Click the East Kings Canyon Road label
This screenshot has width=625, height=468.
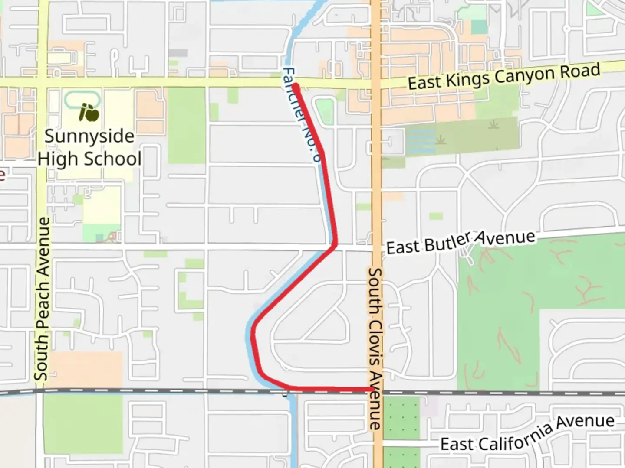pos(504,77)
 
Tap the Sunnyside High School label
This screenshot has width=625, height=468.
pos(89,147)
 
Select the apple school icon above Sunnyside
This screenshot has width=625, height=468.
pos(89,113)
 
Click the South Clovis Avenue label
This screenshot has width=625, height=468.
pos(375,349)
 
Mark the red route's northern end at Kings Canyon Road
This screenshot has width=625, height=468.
pos(295,87)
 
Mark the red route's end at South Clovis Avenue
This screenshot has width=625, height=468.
pos(372,390)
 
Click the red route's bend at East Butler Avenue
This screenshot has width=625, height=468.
pos(334,246)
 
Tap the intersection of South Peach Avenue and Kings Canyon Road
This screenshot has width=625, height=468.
pos(42,82)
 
